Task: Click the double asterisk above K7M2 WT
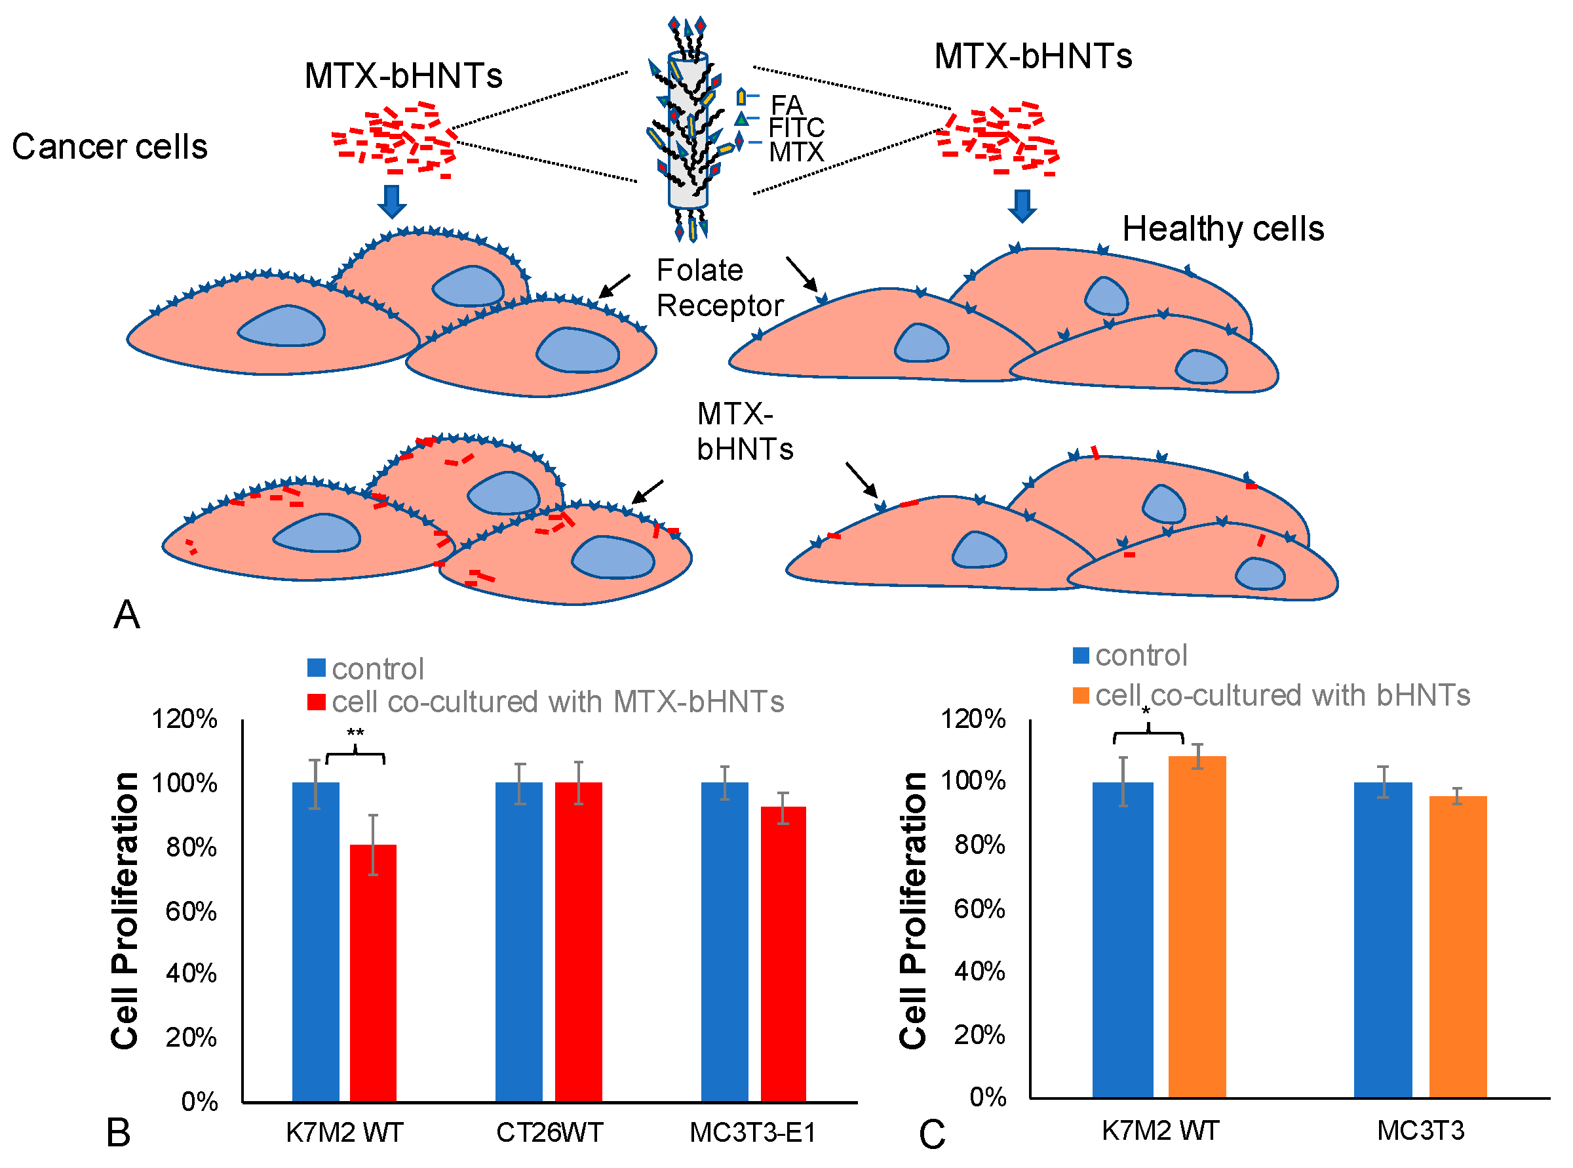click(355, 733)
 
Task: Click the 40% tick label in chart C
click(979, 971)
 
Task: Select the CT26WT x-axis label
click(549, 1133)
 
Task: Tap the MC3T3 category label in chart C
click(1420, 1131)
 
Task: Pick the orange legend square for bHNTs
click(1081, 695)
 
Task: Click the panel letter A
click(126, 614)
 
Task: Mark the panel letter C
click(931, 1135)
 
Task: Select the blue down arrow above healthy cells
click(1021, 206)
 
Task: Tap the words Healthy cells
click(1222, 229)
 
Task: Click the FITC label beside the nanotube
click(796, 128)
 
